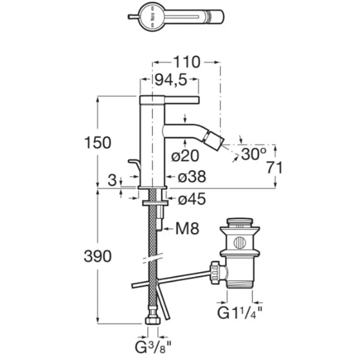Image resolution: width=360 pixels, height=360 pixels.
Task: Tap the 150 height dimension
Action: (x=97, y=143)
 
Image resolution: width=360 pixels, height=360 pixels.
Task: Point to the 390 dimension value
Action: (x=97, y=256)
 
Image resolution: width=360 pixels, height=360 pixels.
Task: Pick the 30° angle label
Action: (x=253, y=154)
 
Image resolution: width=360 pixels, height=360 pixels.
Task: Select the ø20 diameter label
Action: (x=185, y=156)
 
